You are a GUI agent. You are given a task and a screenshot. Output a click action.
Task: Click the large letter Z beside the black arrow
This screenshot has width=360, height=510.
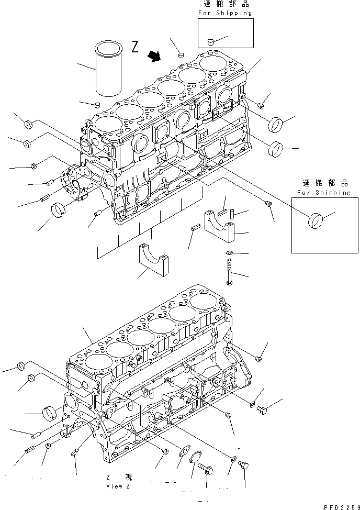tap(135, 48)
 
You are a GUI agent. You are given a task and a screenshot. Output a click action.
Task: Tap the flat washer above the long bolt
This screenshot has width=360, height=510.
tap(229, 254)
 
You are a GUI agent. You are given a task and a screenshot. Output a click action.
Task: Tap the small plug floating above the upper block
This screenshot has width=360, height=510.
tap(181, 53)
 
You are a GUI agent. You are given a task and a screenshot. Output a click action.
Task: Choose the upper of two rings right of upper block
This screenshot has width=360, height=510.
tap(276, 126)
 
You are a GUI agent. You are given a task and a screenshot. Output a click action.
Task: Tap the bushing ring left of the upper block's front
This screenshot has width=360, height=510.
tap(60, 214)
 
